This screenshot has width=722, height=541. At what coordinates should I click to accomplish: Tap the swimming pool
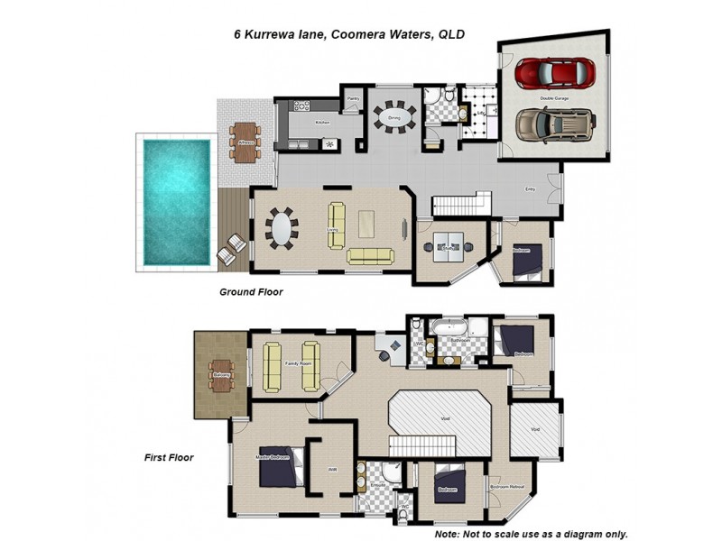tap(177, 200)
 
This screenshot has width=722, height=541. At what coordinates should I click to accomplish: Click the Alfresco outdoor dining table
tap(243, 141)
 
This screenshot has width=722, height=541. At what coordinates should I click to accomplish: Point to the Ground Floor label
tap(252, 292)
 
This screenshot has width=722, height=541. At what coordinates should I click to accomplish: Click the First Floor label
tap(169, 458)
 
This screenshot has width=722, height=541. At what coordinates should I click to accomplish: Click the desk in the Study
tap(449, 244)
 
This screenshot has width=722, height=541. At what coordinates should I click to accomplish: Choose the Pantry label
tap(354, 98)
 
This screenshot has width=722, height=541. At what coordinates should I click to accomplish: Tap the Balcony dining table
tap(221, 373)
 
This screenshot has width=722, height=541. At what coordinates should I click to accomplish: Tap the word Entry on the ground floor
tap(531, 189)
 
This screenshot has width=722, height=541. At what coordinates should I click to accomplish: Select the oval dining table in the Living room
tap(282, 228)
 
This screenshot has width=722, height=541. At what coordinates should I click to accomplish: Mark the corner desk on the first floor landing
tap(391, 347)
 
